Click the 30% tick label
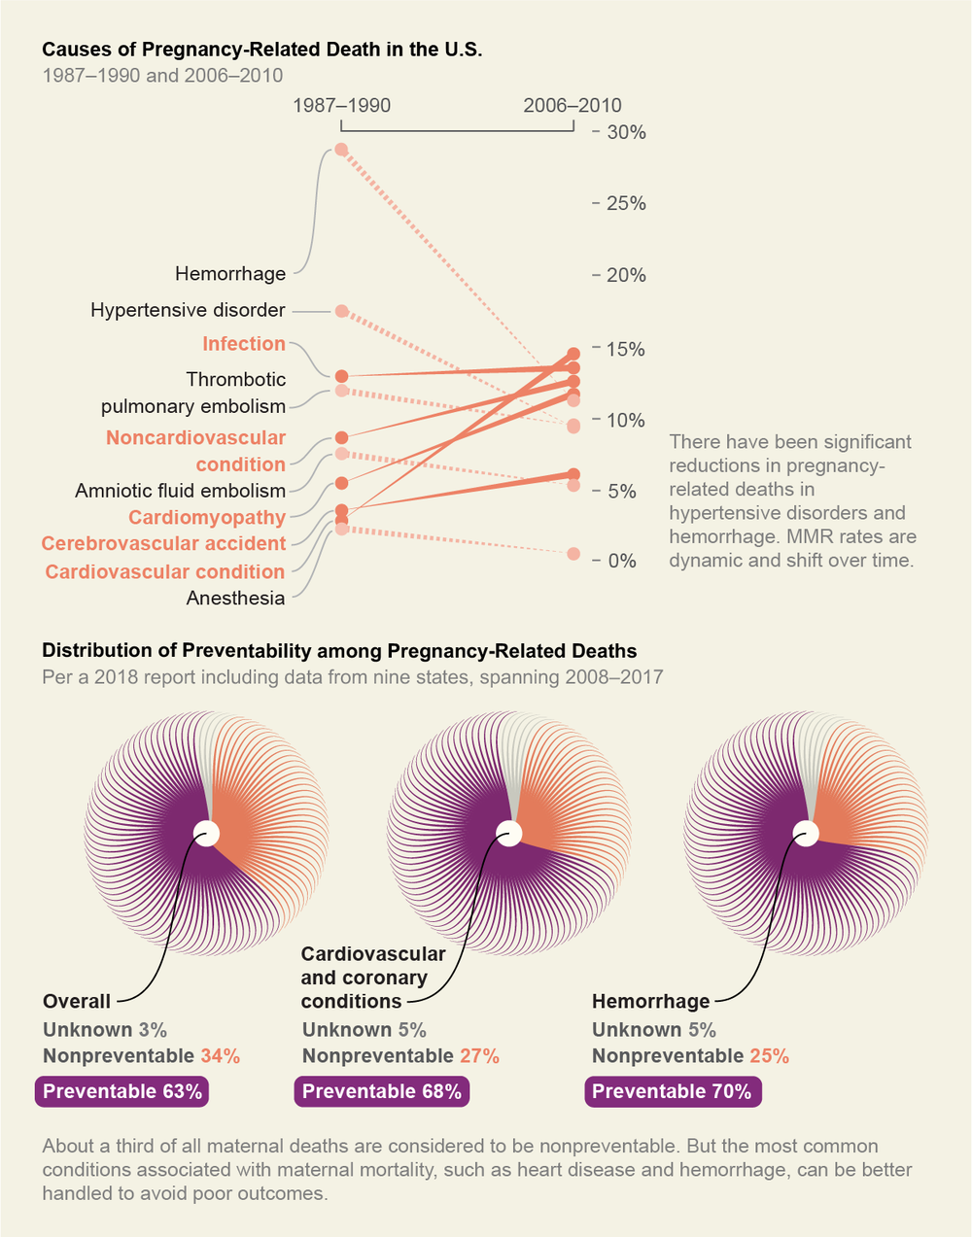click(626, 133)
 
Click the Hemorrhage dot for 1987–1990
click(341, 150)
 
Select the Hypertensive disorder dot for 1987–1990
click(341, 311)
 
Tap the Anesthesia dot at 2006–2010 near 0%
click(573, 554)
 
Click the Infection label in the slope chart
click(244, 344)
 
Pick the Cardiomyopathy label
click(207, 517)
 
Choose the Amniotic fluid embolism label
click(180, 491)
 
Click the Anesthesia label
click(235, 598)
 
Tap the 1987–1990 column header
click(341, 105)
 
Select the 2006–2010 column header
click(573, 105)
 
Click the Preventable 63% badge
click(122, 1092)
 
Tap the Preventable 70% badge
click(672, 1092)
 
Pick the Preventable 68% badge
click(382, 1092)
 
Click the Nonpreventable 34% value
click(220, 1056)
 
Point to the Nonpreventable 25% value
click(769, 1056)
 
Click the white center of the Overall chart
click(206, 834)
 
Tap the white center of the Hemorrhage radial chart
click(805, 834)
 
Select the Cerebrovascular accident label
click(163, 543)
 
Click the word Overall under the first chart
click(77, 1002)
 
